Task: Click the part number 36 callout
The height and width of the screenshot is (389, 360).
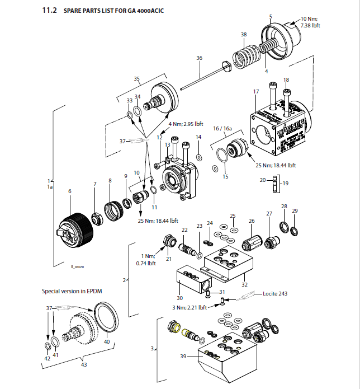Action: pyautogui.click(x=199, y=58)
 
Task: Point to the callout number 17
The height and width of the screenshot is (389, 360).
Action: pyautogui.click(x=256, y=91)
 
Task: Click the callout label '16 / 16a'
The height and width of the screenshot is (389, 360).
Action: pyautogui.click(x=222, y=128)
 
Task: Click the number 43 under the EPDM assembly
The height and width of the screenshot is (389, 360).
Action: pyautogui.click(x=85, y=365)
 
